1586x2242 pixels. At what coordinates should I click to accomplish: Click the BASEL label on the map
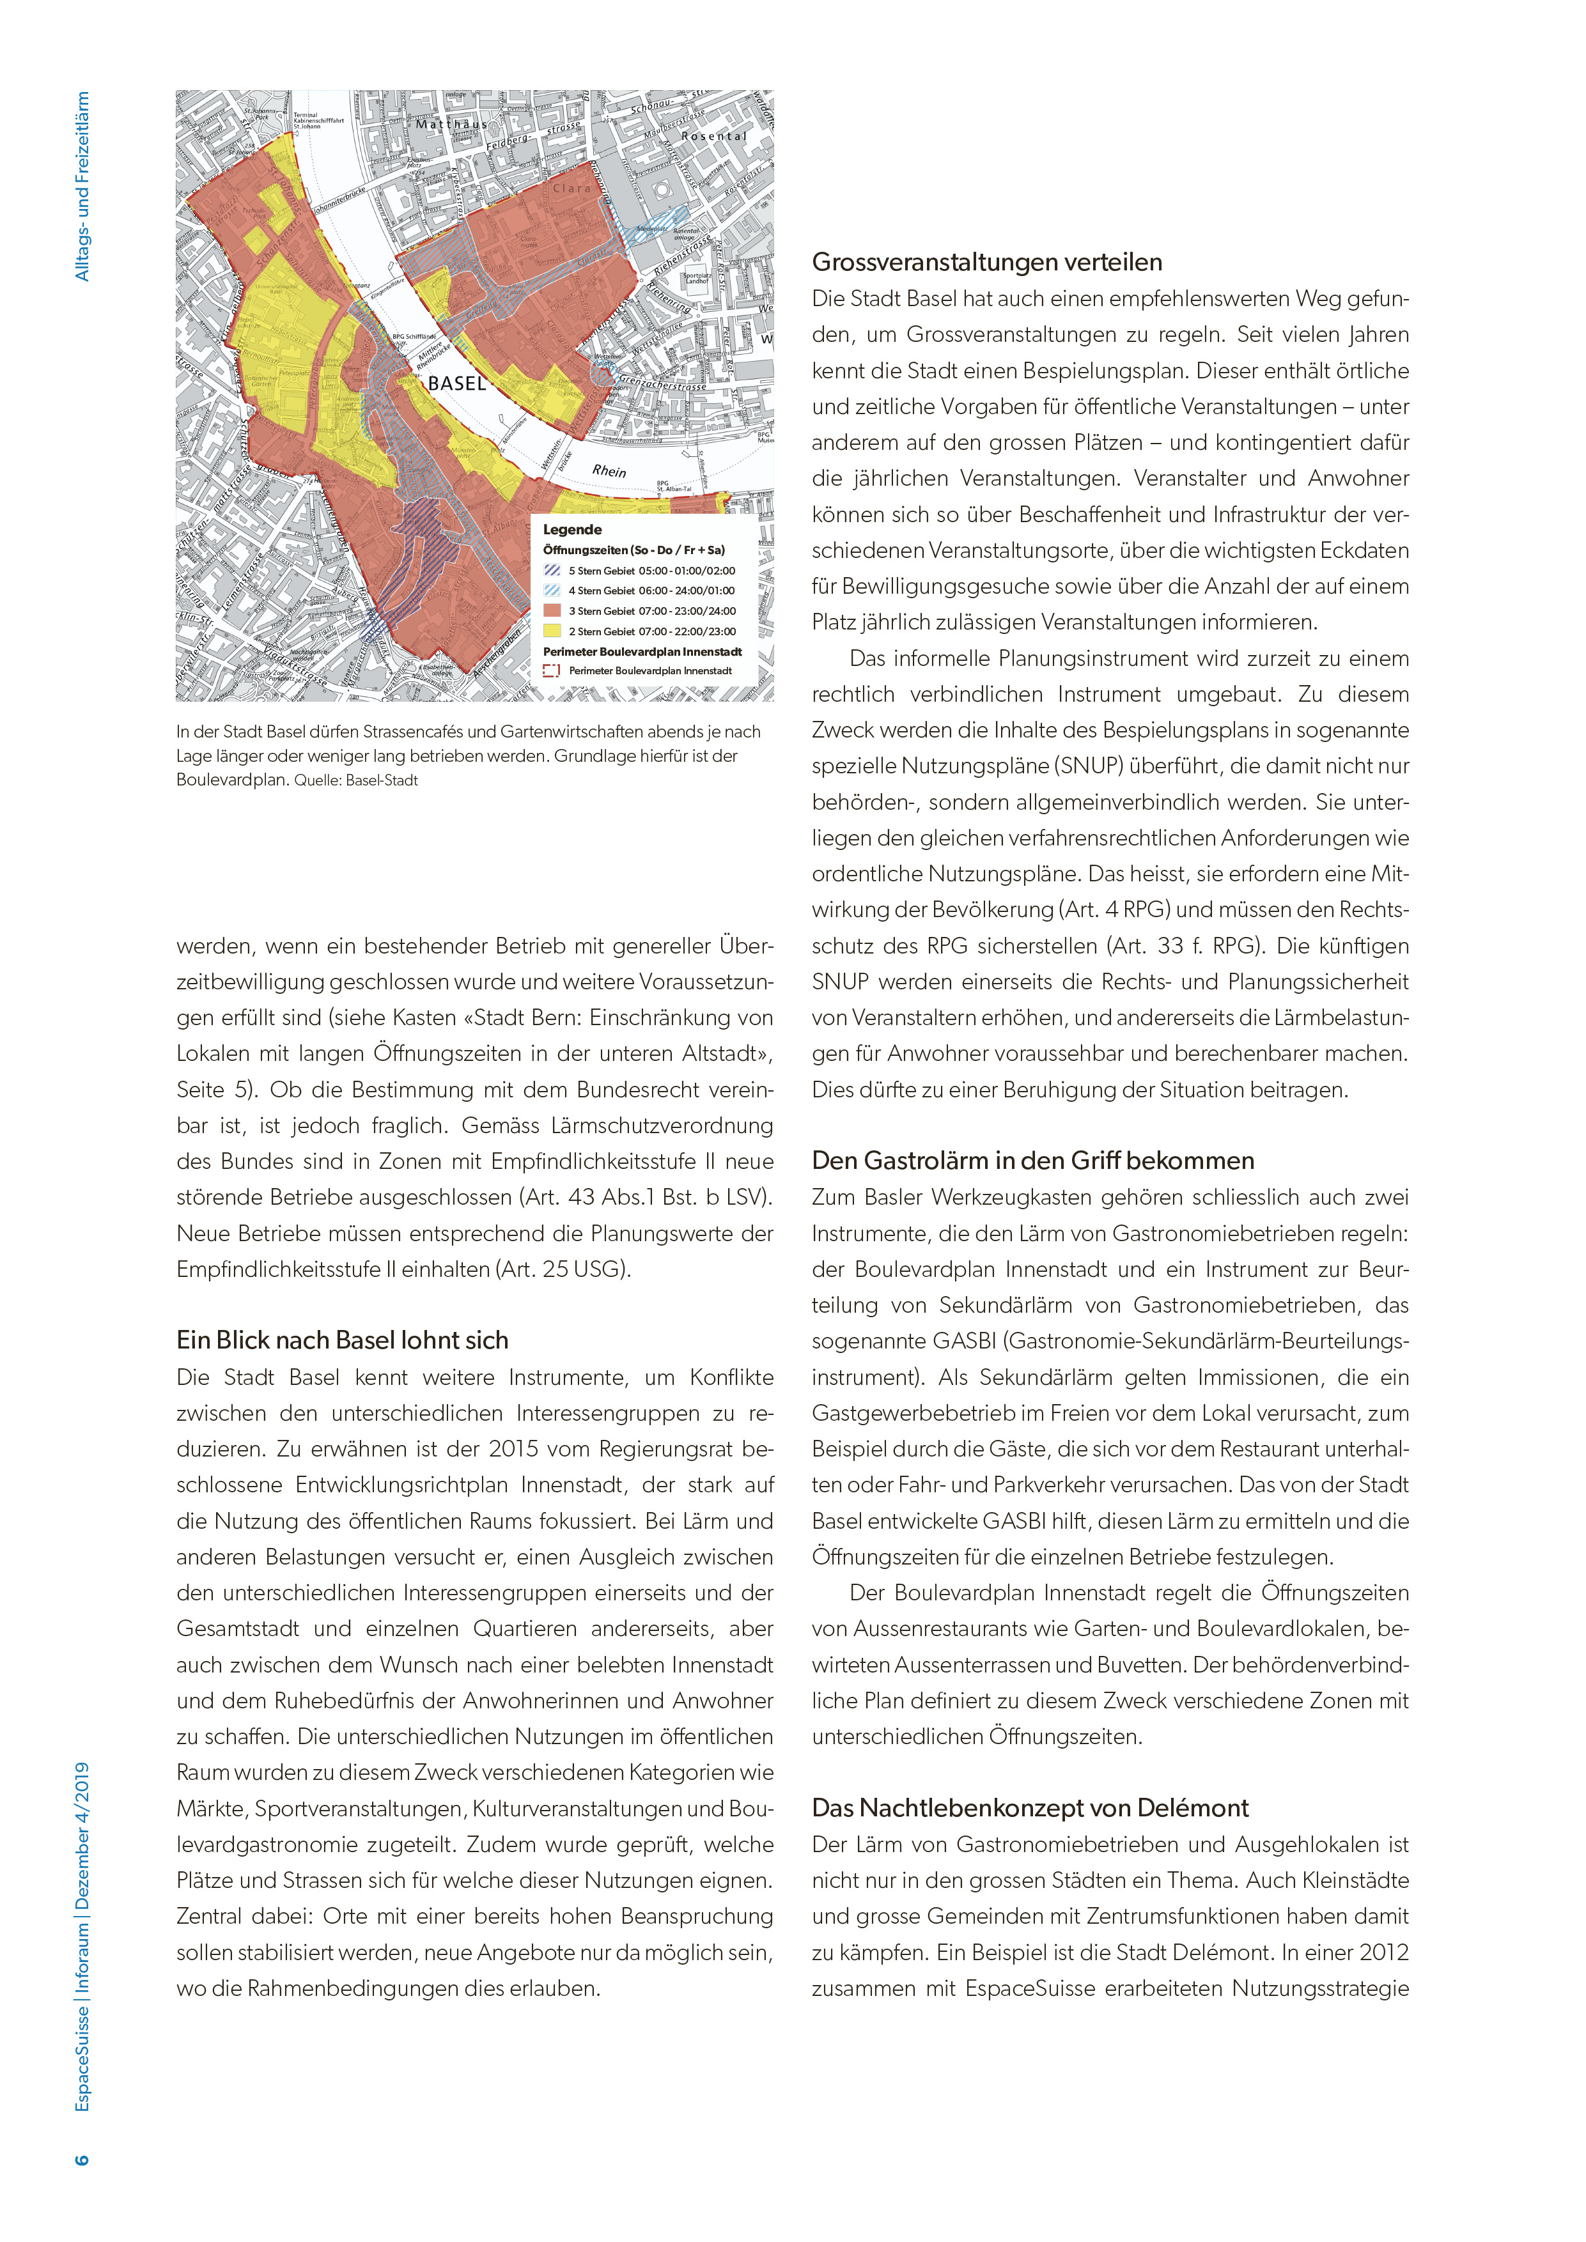point(457,383)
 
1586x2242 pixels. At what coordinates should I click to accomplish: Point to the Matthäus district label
point(451,125)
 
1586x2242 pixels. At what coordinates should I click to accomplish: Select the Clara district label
point(571,189)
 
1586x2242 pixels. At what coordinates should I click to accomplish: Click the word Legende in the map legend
point(572,529)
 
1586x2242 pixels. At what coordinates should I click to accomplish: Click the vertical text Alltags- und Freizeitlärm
point(82,187)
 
